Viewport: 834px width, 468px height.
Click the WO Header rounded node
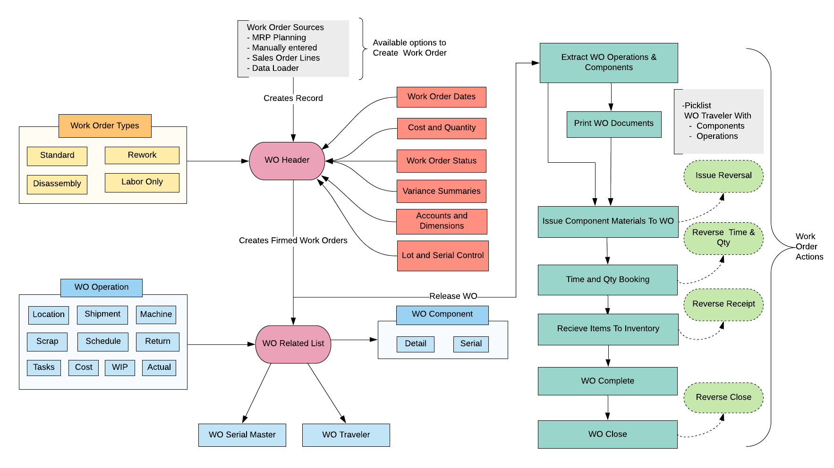click(287, 160)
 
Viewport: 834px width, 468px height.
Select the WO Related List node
click(293, 343)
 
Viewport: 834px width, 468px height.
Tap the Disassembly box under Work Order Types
click(57, 184)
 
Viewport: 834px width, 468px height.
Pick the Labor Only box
click(142, 182)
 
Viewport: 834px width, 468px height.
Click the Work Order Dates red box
click(441, 97)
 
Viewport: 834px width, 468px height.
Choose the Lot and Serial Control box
click(443, 255)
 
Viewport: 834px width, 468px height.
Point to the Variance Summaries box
click(441, 191)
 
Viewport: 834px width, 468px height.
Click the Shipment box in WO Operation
click(102, 314)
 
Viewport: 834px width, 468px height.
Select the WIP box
click(119, 367)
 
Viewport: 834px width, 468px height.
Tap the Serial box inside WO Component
click(470, 343)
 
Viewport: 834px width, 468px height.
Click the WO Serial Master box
click(242, 435)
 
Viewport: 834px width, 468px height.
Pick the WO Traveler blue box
click(346, 435)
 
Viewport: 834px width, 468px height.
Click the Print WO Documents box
click(613, 124)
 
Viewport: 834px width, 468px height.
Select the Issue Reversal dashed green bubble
click(723, 175)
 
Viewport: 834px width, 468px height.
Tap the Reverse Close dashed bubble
click(723, 397)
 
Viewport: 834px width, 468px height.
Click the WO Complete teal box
click(607, 381)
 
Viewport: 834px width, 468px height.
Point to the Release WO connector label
click(453, 296)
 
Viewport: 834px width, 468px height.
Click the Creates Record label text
click(293, 98)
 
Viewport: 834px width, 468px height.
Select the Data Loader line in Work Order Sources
click(275, 68)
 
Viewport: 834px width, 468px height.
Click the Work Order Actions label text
click(809, 246)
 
